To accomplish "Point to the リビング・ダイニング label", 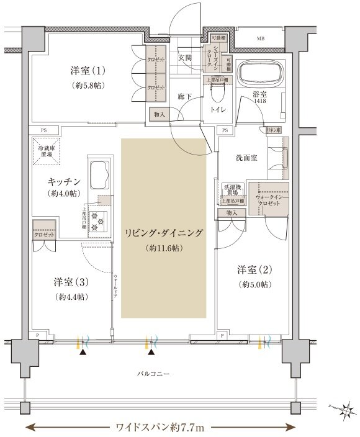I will (164, 233).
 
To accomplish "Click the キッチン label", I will (64, 181).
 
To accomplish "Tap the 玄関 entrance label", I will (186, 58).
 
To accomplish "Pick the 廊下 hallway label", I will (184, 97).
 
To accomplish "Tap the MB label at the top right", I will (259, 38).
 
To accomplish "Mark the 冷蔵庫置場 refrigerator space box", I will (45, 152).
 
